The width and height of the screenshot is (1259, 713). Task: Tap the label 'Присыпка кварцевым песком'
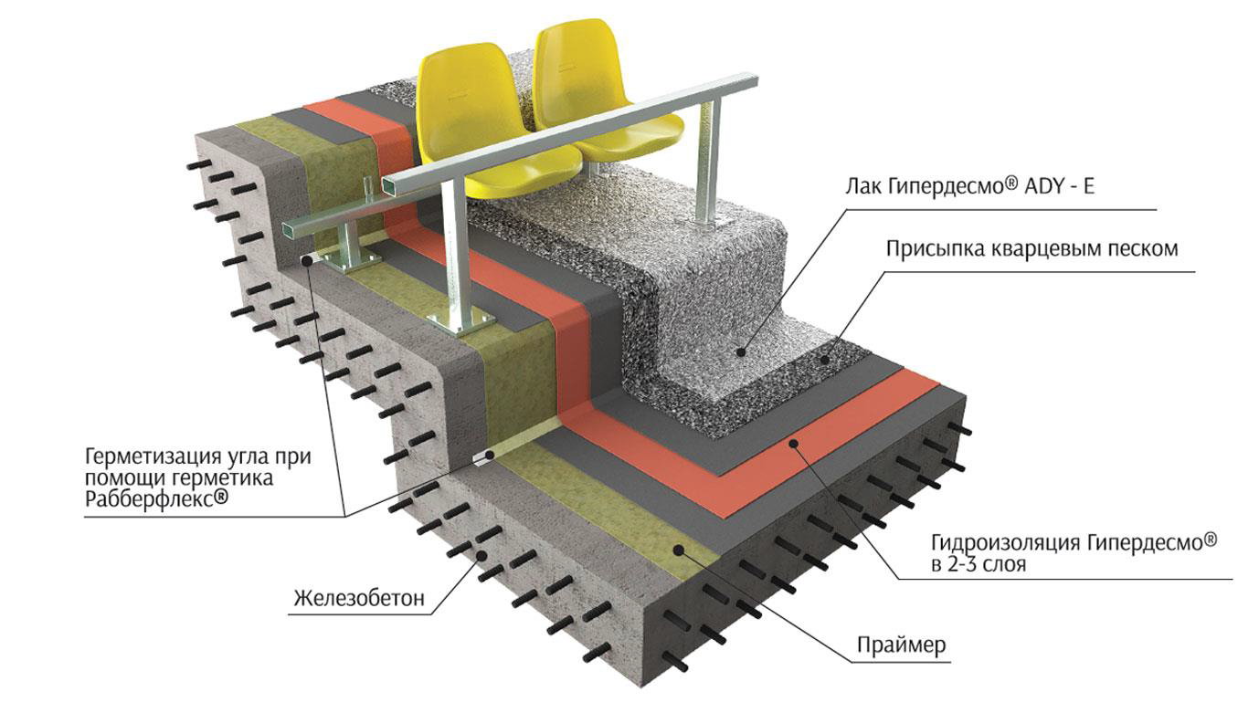click(1032, 247)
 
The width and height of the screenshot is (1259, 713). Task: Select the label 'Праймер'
click(901, 645)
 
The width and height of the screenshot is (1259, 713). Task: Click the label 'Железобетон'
click(359, 599)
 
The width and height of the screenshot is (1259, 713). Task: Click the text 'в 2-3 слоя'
click(979, 565)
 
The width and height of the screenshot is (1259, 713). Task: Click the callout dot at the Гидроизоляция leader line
click(795, 444)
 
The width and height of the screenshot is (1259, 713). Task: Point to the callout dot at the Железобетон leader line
click(481, 553)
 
